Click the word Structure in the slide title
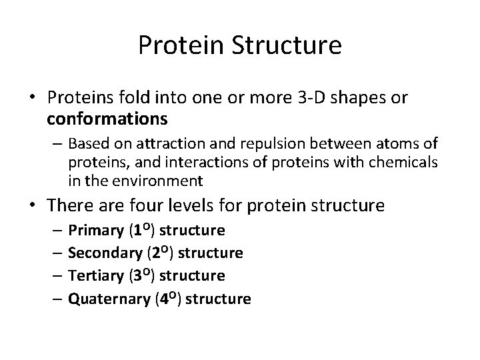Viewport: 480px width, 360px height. pyautogui.click(x=283, y=45)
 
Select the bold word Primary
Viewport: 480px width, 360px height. pyautogui.click(x=95, y=231)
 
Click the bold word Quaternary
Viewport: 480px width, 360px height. pyautogui.click(x=109, y=299)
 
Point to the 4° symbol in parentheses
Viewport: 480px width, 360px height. pyautogui.click(x=167, y=298)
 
